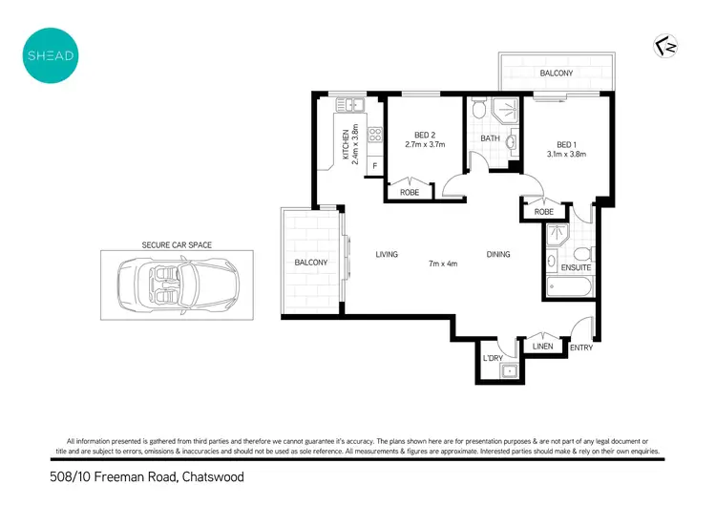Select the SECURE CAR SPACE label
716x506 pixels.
[177, 245]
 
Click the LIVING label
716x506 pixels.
[387, 254]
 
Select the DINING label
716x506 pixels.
[497, 254]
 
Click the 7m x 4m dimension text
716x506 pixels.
[443, 264]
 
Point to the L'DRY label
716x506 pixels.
[493, 357]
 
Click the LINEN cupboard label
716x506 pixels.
[541, 346]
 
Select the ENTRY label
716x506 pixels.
[580, 348]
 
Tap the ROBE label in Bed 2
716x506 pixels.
[409, 192]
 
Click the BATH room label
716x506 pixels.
[490, 138]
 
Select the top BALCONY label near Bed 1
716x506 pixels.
[556, 74]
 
